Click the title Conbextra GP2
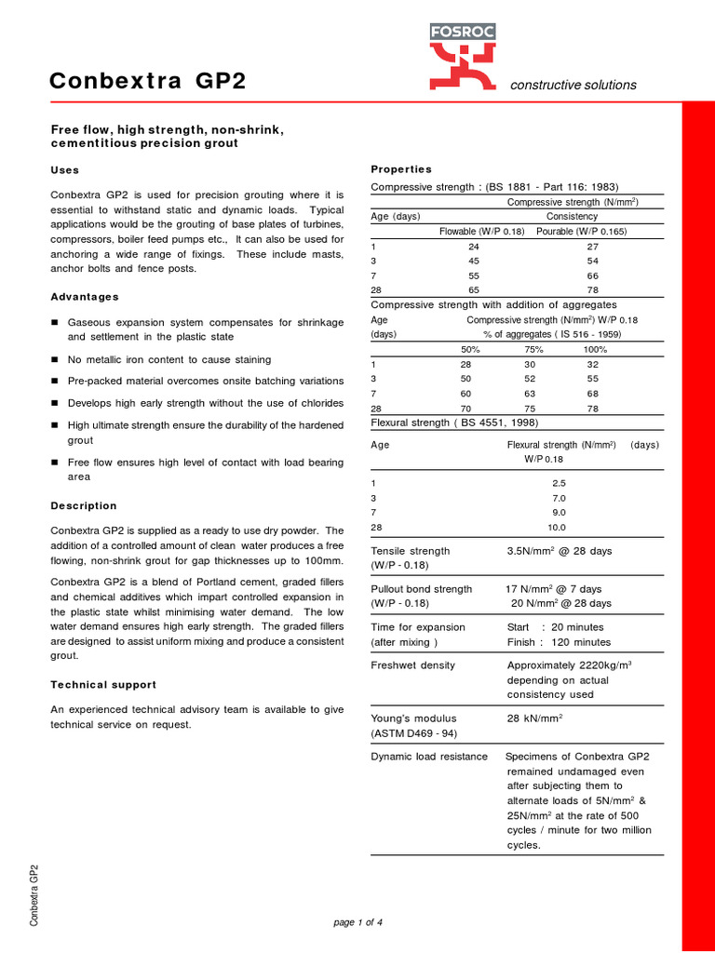pyautogui.click(x=147, y=82)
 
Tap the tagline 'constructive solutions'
pyautogui.click(x=573, y=85)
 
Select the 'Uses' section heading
pyautogui.click(x=64, y=170)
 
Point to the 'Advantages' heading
pyautogui.click(x=84, y=297)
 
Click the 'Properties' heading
pyautogui.click(x=401, y=169)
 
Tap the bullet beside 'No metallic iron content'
pyautogui.click(x=55, y=360)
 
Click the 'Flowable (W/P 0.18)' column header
pyautogui.click(x=482, y=232)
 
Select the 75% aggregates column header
pyautogui.click(x=533, y=350)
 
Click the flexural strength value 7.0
pyautogui.click(x=559, y=499)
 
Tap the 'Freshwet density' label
pyautogui.click(x=412, y=665)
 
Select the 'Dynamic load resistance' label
pyautogui.click(x=429, y=757)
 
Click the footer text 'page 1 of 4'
pyautogui.click(x=357, y=922)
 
